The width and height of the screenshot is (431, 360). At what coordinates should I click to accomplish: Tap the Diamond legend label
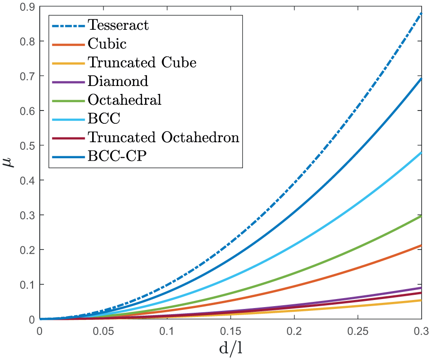point(118,81)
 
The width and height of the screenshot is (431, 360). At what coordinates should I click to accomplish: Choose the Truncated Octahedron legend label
point(163,137)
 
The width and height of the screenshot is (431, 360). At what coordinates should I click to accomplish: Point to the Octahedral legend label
point(124,100)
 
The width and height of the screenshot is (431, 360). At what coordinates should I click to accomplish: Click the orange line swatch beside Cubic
point(69,43)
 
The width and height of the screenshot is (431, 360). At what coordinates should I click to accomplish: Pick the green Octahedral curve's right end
point(421,216)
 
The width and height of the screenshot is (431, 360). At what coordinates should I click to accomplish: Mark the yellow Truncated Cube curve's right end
point(421,300)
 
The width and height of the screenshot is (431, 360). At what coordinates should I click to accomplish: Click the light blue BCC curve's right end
point(421,152)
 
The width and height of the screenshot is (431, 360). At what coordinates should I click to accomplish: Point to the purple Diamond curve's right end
point(421,288)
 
